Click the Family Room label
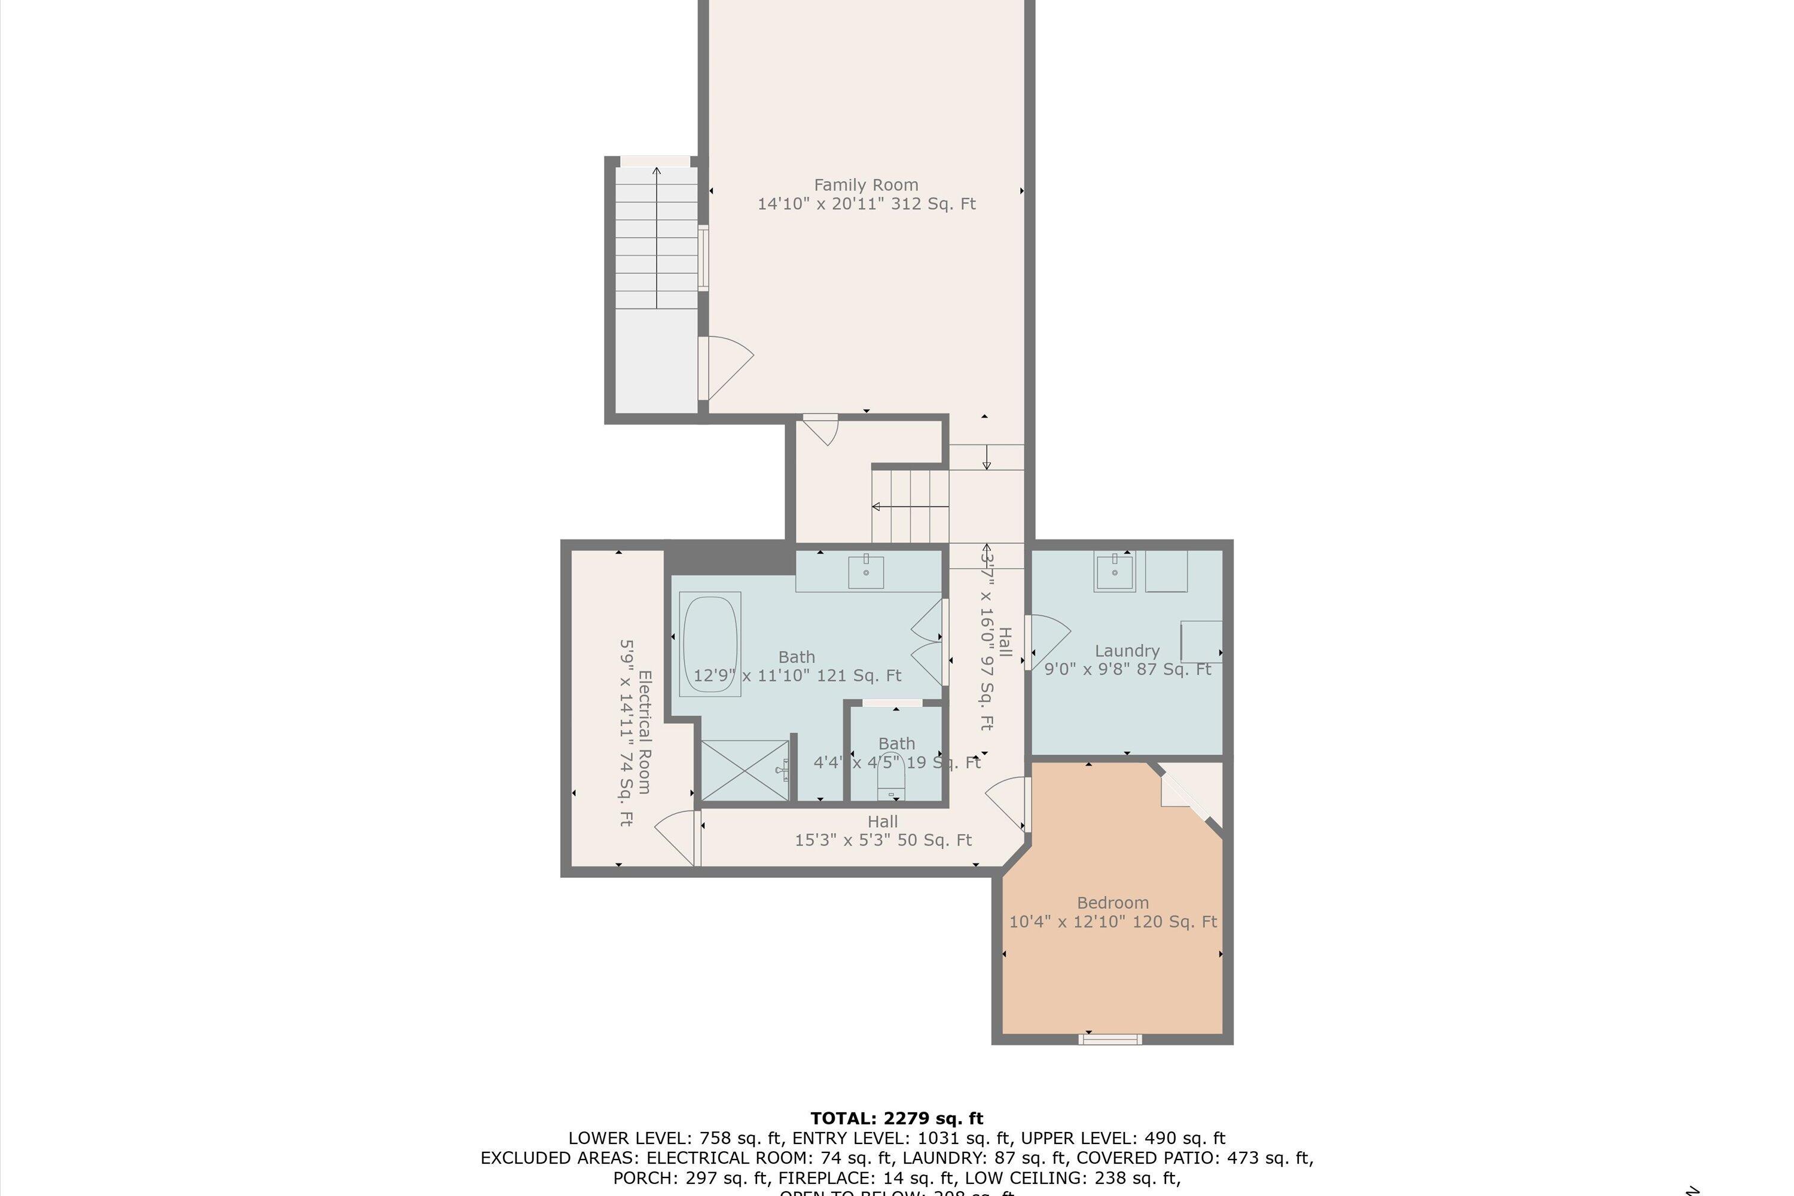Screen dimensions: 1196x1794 [x=866, y=185]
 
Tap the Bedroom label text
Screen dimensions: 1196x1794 [x=1113, y=902]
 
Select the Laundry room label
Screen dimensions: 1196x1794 [x=1127, y=651]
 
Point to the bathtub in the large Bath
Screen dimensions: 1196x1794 [x=710, y=645]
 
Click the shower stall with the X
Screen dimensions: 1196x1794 [x=745, y=770]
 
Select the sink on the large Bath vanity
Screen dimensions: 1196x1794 [x=866, y=572]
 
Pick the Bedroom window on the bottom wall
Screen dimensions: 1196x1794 [x=1110, y=1039]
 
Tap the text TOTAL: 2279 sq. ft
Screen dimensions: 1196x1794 [x=896, y=1119]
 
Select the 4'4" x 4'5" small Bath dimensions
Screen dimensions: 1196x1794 [x=896, y=762]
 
